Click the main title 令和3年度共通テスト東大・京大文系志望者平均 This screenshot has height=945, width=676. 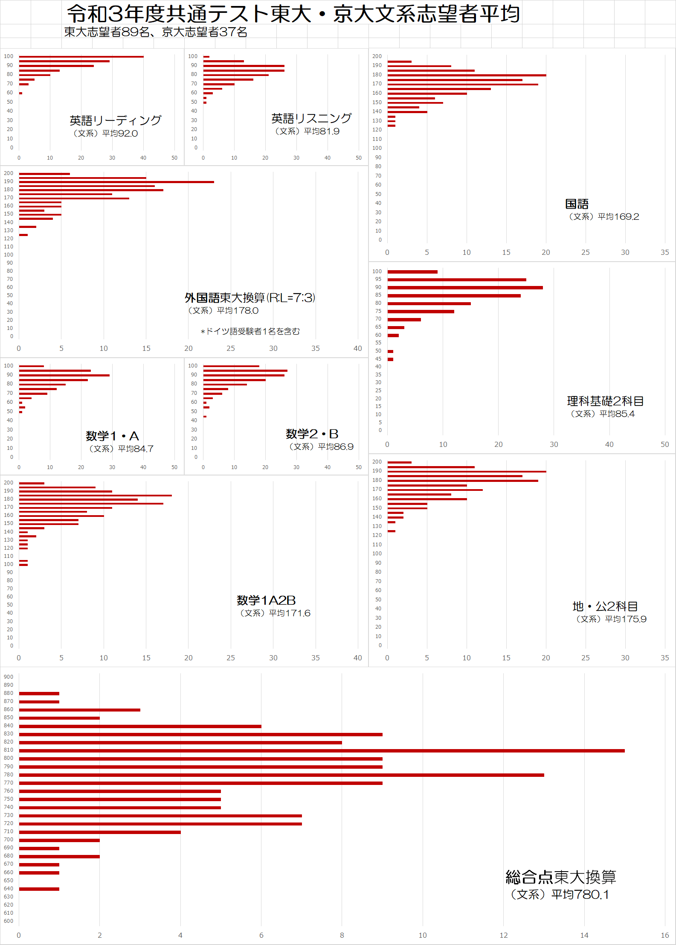(x=293, y=14)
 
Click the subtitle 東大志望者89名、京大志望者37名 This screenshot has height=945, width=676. (x=156, y=32)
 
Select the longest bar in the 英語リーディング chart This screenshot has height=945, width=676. (x=81, y=56)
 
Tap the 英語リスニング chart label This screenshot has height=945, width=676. (x=311, y=118)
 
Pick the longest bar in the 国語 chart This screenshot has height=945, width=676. (x=467, y=75)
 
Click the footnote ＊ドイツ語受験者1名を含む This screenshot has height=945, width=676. (x=250, y=332)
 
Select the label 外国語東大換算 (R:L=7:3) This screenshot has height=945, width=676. (x=250, y=297)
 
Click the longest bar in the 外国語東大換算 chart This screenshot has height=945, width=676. (x=116, y=182)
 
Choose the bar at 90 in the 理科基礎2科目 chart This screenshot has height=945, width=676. (x=465, y=288)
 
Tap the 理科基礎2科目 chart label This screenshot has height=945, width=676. (x=605, y=401)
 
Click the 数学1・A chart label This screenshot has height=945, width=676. (x=112, y=436)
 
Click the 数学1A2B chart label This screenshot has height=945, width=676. (x=266, y=601)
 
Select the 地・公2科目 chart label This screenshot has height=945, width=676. (x=605, y=607)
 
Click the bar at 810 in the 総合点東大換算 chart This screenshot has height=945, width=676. (x=322, y=750)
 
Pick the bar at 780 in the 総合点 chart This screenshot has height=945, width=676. (x=281, y=775)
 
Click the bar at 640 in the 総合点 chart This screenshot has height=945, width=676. (x=39, y=889)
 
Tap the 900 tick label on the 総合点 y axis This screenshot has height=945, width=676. (x=9, y=677)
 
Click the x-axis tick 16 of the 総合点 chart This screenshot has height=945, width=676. (x=664, y=936)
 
